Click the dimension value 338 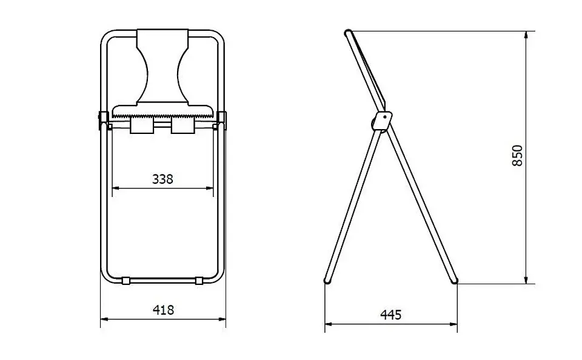pos(162,179)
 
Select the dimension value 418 pos(163,310)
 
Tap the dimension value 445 pos(391,315)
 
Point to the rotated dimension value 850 pos(517,156)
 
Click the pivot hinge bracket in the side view pos(383,120)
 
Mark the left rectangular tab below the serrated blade pos(142,126)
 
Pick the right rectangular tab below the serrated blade pos(183,126)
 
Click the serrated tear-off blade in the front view pos(163,113)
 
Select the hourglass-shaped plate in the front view pos(162,67)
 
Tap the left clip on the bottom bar pos(126,280)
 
